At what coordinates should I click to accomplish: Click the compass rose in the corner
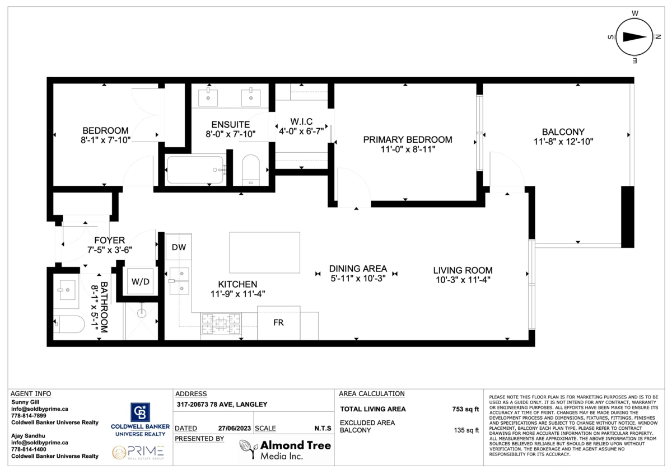[x=635, y=36]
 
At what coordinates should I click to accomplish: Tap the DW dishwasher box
[x=179, y=247]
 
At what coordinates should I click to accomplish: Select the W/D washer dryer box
[x=140, y=281]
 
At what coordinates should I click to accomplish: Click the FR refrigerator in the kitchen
[x=278, y=323]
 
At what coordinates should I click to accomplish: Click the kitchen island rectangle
[x=264, y=252]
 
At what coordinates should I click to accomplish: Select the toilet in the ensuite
[x=250, y=170]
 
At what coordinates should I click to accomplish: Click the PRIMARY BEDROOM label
[x=407, y=139]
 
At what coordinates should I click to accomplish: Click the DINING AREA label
[x=358, y=268]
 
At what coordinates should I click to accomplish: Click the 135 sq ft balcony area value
[x=466, y=430]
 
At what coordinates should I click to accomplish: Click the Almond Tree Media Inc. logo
[x=284, y=449]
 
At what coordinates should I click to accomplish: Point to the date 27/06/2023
[x=234, y=428]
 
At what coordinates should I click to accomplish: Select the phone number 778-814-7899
[x=29, y=416]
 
